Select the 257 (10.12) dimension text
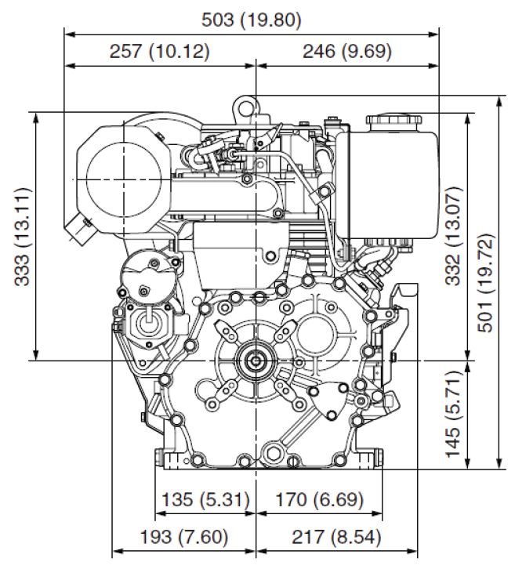pyautogui.click(x=160, y=53)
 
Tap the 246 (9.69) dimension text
pyautogui.click(x=346, y=53)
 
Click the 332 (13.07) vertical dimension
pyautogui.click(x=455, y=236)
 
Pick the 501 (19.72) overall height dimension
pyautogui.click(x=488, y=283)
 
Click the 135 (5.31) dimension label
pyautogui.click(x=205, y=499)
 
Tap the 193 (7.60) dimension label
pyautogui.click(x=185, y=538)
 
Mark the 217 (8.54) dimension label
pyautogui.click(x=321, y=538)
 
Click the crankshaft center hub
pyautogui.click(x=256, y=361)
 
